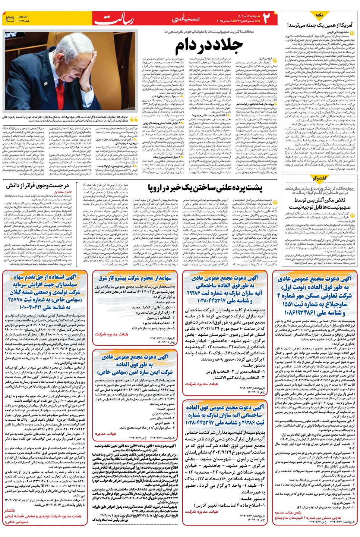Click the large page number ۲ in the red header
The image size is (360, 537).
[x=267, y=18]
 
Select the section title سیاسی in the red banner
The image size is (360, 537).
[x=186, y=18]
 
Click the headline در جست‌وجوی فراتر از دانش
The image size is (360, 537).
[x=37, y=185]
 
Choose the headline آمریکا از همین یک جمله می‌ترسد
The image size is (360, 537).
[x=319, y=25]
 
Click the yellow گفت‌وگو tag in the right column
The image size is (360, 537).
[x=320, y=178]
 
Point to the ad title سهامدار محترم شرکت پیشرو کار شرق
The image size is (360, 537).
[x=135, y=278]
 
